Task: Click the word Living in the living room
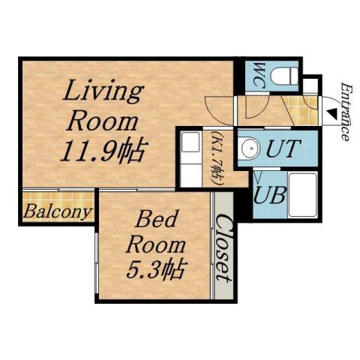103,94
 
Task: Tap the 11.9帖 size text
102,151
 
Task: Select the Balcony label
57,211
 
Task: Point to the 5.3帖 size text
155,267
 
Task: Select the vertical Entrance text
346,112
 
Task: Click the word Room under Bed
155,244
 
